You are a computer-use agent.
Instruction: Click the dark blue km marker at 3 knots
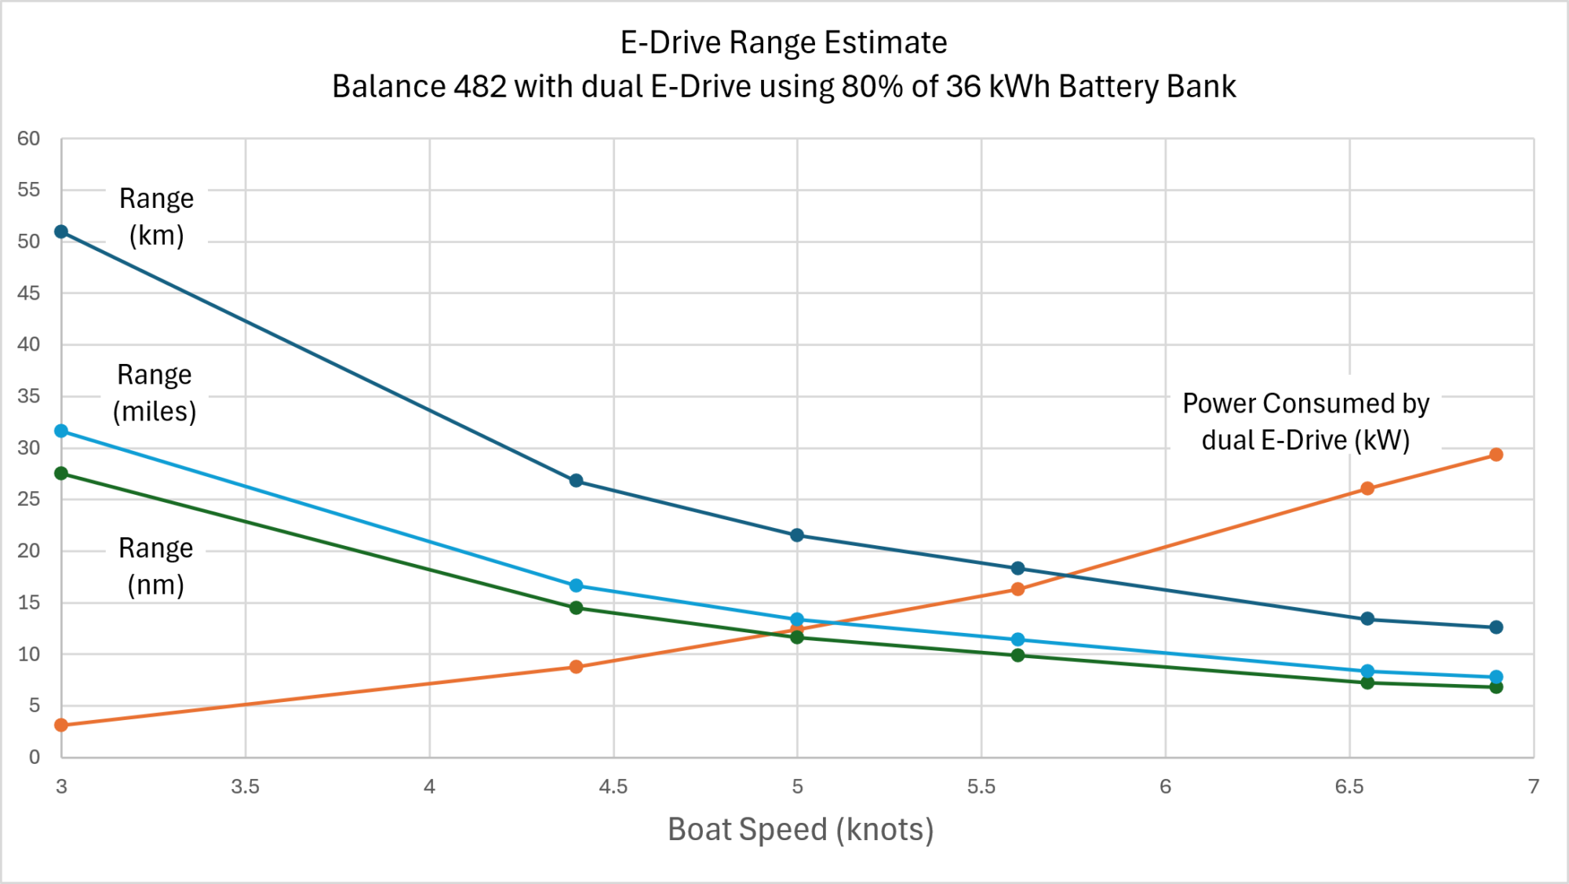61,231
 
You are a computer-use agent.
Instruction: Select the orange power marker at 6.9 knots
1496,455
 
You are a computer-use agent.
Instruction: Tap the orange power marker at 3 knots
61,725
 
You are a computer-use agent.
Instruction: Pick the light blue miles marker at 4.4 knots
576,586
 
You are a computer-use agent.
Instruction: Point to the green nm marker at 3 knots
61,473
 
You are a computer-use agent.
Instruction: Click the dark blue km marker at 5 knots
797,535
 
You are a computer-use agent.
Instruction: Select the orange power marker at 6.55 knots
1367,489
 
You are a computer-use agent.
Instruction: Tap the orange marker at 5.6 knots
1017,589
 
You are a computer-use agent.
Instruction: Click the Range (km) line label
156,217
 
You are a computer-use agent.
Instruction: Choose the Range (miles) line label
155,393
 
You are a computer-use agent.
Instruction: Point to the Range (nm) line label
155,566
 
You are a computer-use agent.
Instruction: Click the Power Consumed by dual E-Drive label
1305,422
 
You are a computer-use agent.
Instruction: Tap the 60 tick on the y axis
29,139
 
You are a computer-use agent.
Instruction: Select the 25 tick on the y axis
29,499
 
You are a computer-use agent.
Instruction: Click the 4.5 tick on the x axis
613,787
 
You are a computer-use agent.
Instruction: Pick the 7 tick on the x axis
1534,787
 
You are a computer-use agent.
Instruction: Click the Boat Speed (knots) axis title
800,830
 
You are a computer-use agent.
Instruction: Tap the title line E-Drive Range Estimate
784,42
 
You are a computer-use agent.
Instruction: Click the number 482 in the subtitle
479,86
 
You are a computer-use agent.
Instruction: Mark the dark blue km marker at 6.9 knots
1496,628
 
